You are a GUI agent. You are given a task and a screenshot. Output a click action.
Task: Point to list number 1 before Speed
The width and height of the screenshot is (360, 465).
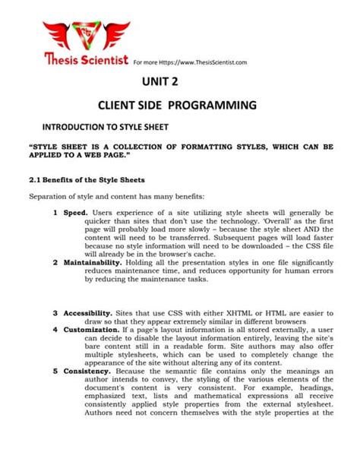55,213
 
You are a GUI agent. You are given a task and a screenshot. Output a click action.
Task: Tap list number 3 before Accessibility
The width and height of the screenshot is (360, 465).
55,313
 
